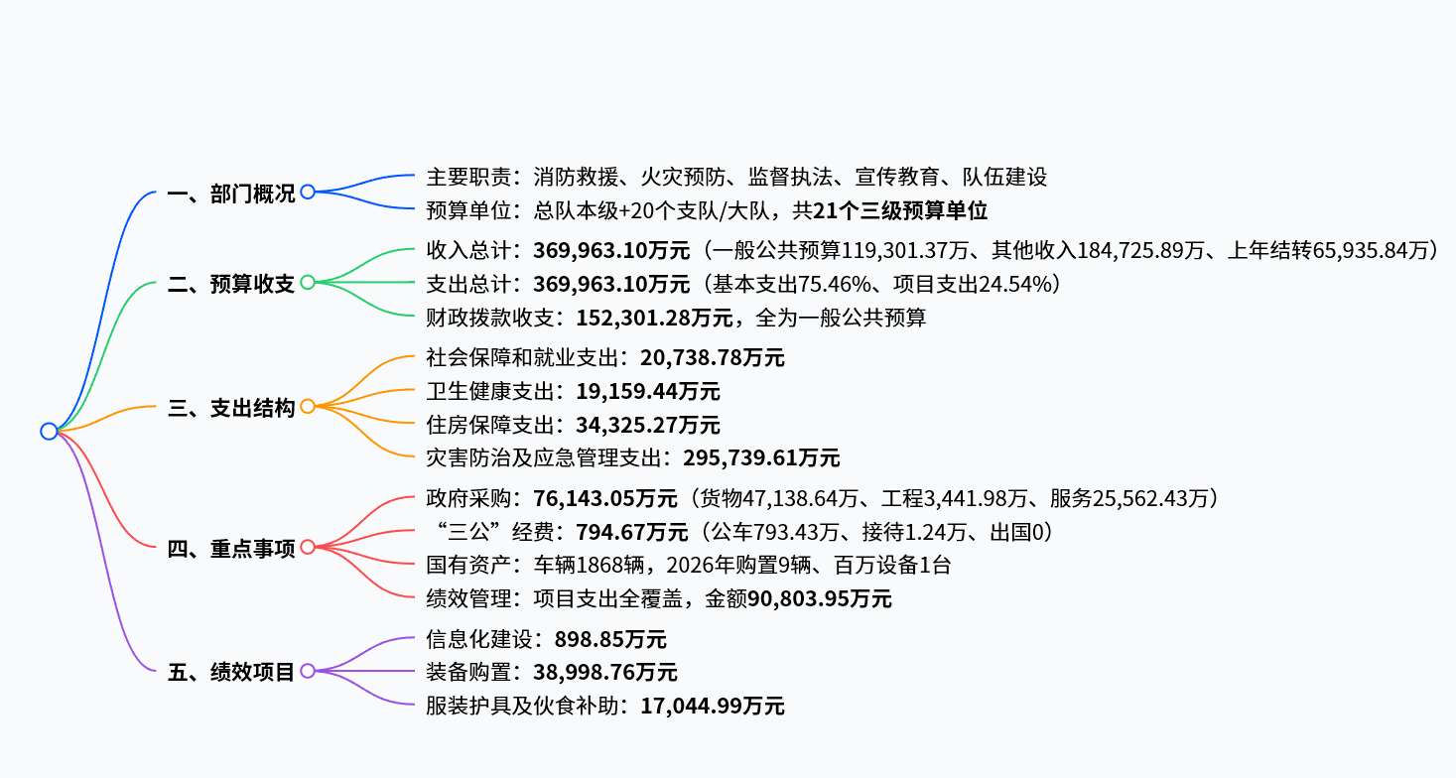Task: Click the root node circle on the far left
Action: click(49, 431)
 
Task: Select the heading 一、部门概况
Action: click(230, 194)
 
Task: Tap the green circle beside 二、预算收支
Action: click(308, 282)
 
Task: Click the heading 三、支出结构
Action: click(230, 408)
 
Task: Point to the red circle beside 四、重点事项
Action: click(308, 547)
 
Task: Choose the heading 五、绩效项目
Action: click(230, 672)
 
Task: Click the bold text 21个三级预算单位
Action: click(900, 210)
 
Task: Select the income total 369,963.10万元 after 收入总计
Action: click(611, 250)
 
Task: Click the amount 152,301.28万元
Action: click(654, 318)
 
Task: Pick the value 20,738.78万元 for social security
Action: click(713, 357)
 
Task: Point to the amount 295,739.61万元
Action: click(761, 458)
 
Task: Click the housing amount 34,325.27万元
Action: click(648, 425)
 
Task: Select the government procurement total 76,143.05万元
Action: click(605, 498)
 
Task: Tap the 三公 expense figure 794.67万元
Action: click(632, 532)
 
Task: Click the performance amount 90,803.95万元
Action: click(820, 598)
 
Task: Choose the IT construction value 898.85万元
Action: click(610, 639)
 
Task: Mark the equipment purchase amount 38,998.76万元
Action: click(605, 672)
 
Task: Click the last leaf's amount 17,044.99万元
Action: click(713, 706)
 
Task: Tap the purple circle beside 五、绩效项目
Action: click(308, 671)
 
